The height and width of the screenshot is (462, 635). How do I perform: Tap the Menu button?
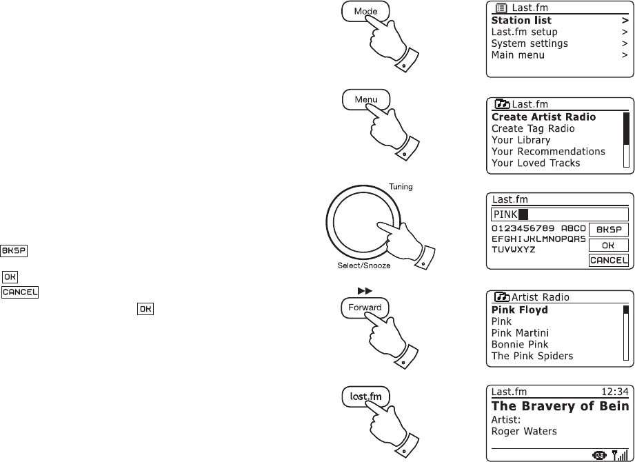[365, 99]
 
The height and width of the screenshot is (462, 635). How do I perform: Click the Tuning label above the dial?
[401, 187]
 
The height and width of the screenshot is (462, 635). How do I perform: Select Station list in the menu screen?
[521, 21]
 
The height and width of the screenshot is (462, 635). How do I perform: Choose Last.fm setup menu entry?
[524, 32]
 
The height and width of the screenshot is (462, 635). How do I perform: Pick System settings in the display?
[530, 43]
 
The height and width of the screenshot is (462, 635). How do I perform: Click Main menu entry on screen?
[518, 54]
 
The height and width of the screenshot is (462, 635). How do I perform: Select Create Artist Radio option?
[543, 117]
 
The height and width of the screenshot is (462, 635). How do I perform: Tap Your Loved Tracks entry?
[536, 163]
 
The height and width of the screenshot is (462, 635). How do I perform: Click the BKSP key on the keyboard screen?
[607, 230]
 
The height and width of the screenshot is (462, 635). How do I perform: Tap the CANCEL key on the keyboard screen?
[607, 260]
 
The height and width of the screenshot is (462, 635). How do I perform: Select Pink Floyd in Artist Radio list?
[519, 310]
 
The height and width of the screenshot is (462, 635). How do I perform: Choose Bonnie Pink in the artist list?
[519, 344]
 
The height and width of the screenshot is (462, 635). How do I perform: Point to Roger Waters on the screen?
[524, 432]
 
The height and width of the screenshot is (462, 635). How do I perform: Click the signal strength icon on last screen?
[621, 455]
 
